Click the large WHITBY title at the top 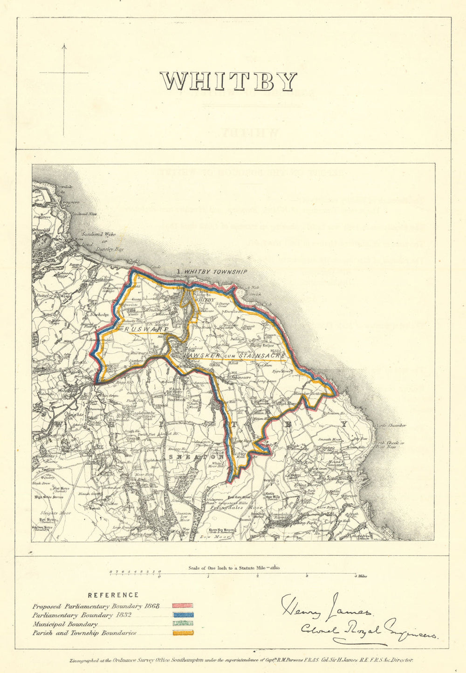point(228,82)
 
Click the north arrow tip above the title point(64,45)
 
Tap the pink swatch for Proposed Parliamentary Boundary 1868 point(183,606)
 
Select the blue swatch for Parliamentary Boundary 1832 point(183,615)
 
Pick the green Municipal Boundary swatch point(183,624)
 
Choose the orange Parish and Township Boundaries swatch point(183,633)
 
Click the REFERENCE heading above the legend point(113,595)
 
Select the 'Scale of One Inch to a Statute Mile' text point(228,568)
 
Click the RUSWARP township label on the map point(145,329)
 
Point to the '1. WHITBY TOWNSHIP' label point(212,272)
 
